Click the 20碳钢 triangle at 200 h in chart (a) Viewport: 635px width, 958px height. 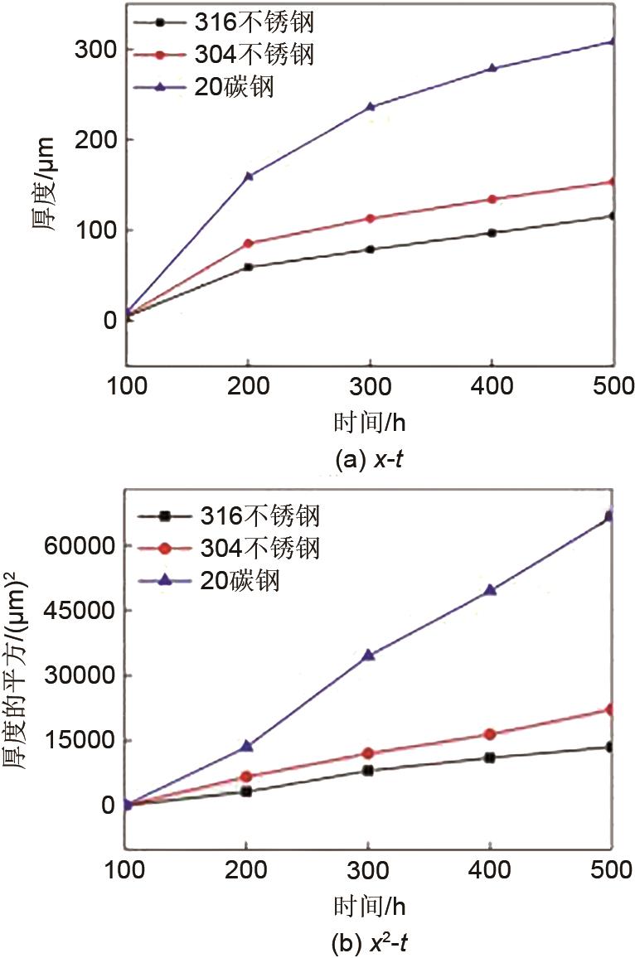point(248,176)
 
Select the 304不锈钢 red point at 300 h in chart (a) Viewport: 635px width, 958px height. point(370,219)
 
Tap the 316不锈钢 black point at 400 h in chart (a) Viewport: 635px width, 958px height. point(492,233)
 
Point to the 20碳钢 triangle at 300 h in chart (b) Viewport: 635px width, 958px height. point(368,655)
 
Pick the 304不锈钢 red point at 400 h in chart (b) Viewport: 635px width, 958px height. point(490,734)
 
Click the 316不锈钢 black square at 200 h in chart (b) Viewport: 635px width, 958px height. point(246,791)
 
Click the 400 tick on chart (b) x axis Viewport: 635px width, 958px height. point(490,870)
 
